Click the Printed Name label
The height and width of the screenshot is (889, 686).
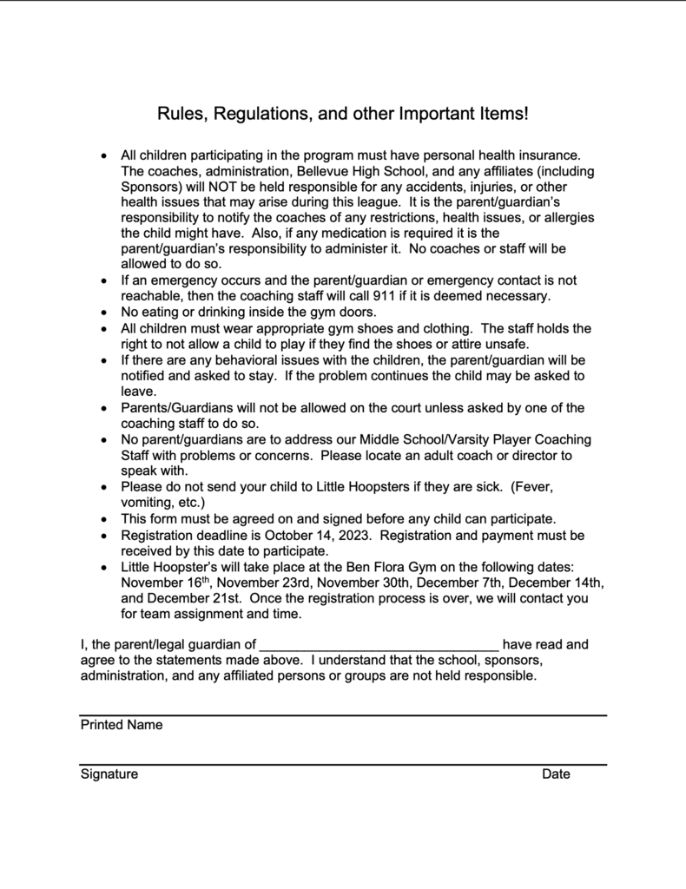click(122, 725)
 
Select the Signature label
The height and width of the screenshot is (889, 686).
click(109, 774)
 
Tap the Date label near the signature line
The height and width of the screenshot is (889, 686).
click(556, 774)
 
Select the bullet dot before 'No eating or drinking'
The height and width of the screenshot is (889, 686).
click(104, 313)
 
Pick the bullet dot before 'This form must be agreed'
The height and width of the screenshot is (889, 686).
click(104, 519)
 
